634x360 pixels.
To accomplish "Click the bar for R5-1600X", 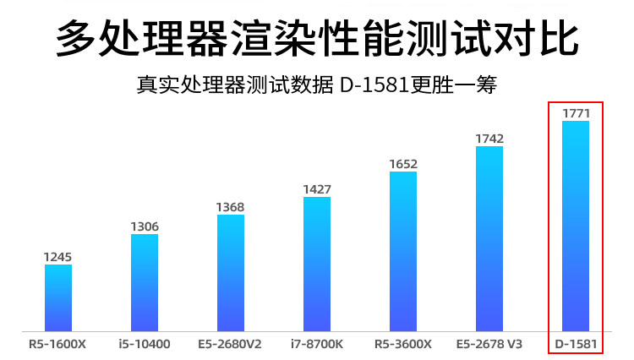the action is coord(58,298).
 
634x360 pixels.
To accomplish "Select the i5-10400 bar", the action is coord(145,283).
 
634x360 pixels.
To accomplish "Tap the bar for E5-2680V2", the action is coord(231,273).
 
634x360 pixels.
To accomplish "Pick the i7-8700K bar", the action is coord(317,265).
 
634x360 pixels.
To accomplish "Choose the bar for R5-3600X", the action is coord(403,252).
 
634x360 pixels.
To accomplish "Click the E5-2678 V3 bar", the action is coord(489,239).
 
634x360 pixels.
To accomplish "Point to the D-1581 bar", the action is coord(576,226).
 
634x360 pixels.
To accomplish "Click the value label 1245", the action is coord(57,257).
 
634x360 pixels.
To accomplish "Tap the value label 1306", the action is coord(145,226).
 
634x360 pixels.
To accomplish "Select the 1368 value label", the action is coord(230,207).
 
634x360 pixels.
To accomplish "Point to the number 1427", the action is coord(317,189).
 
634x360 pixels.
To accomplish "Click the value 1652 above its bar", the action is coord(403,164).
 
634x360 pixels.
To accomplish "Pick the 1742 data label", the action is coord(489,139).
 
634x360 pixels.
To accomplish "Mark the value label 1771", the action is coord(577,113).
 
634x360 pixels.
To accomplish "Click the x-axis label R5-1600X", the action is coord(57,344).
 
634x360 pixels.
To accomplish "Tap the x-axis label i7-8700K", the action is coord(317,344).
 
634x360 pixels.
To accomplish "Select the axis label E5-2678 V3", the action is coord(489,344).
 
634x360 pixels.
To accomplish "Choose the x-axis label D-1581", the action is coord(576,344).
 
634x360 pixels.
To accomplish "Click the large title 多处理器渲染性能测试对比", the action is coord(317,37).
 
